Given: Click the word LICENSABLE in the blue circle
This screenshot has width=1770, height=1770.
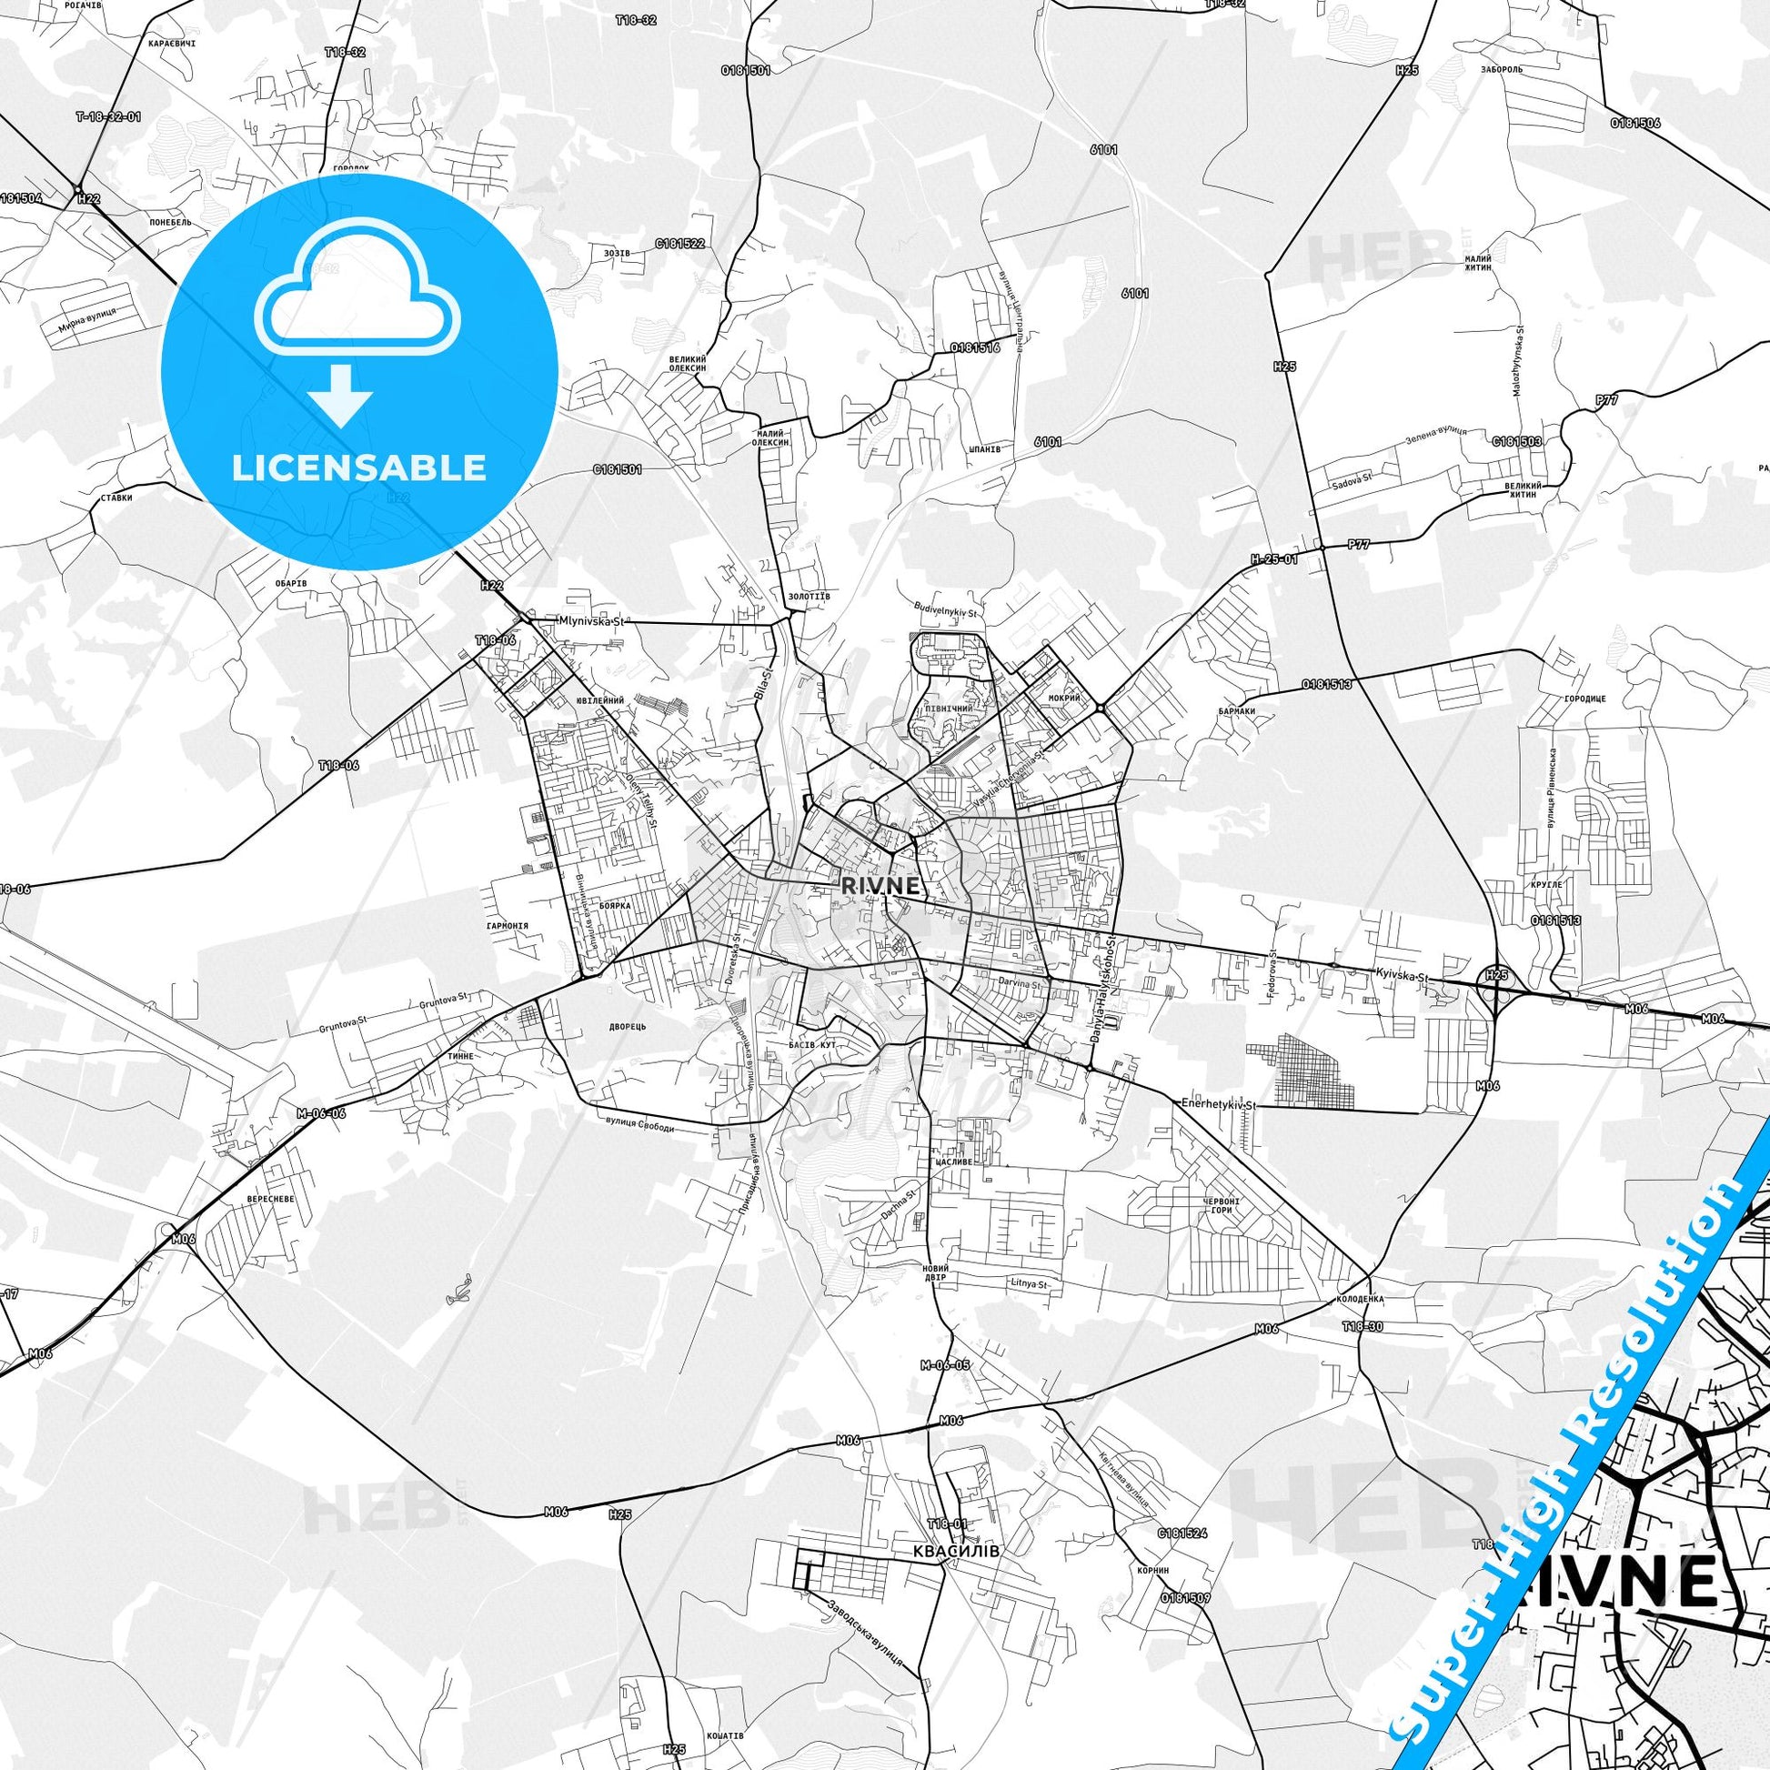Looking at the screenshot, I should tap(359, 468).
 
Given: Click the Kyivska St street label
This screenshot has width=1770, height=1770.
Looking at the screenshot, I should tap(1401, 978).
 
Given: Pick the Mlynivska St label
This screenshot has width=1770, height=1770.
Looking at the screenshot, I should tap(591, 621).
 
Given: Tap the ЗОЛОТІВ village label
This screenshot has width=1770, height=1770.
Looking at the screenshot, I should tap(808, 597).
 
